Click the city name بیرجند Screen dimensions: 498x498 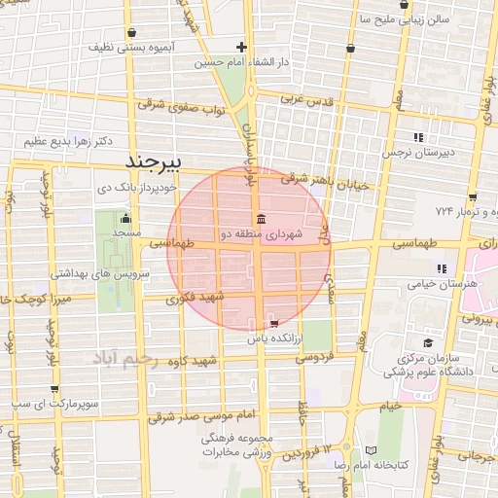tap(165, 158)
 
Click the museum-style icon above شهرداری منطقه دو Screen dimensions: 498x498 tap(260, 218)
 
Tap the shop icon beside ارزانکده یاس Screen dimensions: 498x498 tap(273, 322)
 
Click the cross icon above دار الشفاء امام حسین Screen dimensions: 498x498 tap(241, 47)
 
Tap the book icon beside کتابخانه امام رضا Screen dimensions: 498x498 tap(371, 450)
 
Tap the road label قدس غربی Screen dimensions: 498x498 tap(306, 100)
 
